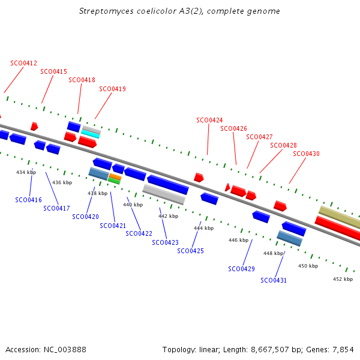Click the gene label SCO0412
tap(23, 63)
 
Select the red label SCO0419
tap(113, 89)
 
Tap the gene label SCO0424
tap(209, 120)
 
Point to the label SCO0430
tap(306, 154)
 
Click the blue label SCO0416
tap(28, 200)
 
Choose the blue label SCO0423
tap(166, 242)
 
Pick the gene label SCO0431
tap(274, 280)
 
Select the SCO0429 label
tap(242, 269)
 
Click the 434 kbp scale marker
tap(26, 172)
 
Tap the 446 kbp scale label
tap(239, 240)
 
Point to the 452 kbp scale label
tap(343, 279)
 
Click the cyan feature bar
tap(91, 134)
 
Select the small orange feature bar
tap(115, 176)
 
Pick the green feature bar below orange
tap(114, 181)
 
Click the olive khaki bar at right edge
tap(340, 217)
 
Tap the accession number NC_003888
tap(65, 350)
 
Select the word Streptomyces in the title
tap(106, 11)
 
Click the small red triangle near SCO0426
tap(227, 187)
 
